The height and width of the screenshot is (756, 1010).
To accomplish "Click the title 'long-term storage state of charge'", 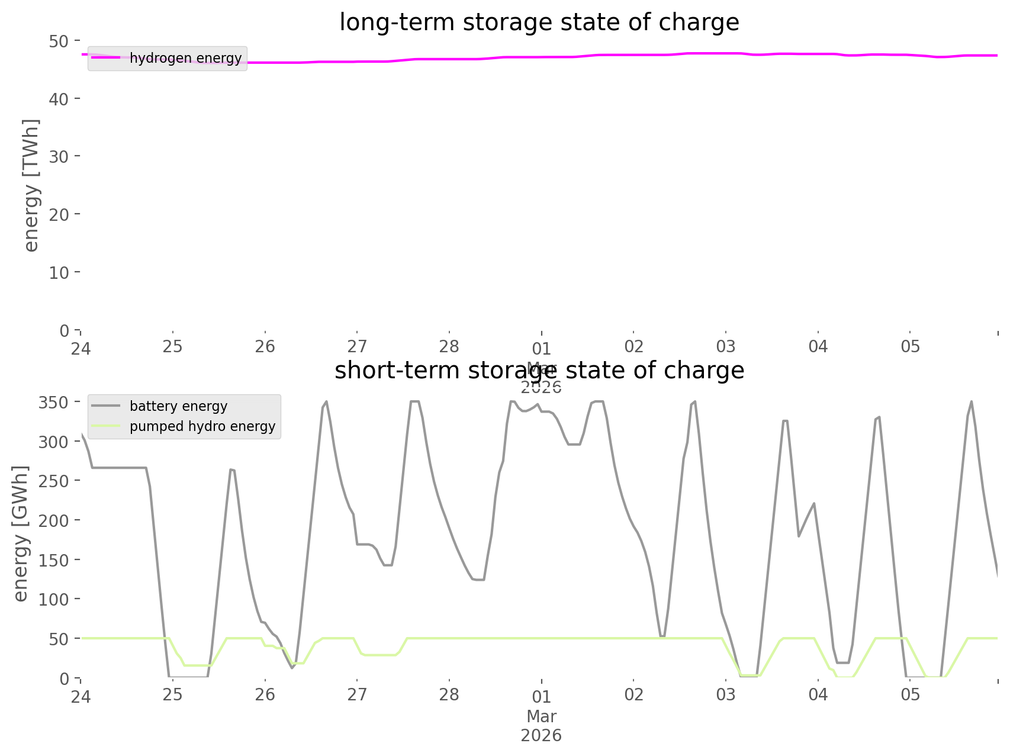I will point(539,22).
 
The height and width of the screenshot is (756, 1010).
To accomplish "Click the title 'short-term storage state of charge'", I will point(539,371).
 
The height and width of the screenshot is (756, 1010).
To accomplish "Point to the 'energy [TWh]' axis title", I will point(31,185).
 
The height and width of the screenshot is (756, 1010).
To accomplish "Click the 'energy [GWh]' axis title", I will point(21,533).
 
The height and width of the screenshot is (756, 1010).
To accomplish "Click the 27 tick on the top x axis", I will point(357,346).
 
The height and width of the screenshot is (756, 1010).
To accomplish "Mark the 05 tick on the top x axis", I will point(911,346).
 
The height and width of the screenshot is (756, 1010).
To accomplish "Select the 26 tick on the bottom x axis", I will point(265,694).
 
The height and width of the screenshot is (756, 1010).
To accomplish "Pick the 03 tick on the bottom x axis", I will point(726,694).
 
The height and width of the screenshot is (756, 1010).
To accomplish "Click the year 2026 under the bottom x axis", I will point(541,736).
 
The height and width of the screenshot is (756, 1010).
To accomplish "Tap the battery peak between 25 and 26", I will point(232,469).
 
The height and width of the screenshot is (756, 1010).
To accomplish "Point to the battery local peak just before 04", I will point(814,504).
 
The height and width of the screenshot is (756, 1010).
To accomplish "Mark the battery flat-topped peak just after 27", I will point(415,401).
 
